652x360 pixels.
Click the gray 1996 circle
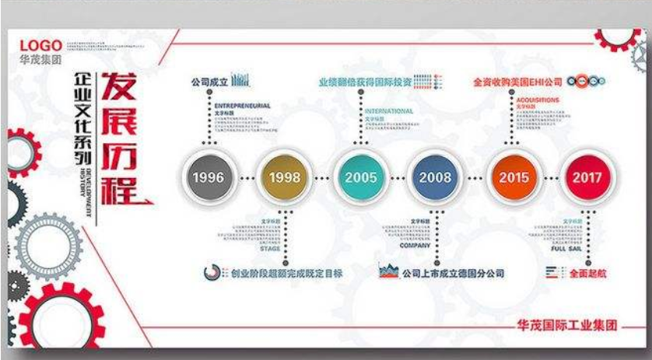pyautogui.click(x=209, y=177)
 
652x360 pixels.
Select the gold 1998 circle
pyautogui.click(x=284, y=177)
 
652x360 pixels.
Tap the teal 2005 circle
pyautogui.click(x=360, y=177)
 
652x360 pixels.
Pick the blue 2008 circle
pyautogui.click(x=435, y=177)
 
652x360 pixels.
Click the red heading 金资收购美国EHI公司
pyautogui.click(x=517, y=81)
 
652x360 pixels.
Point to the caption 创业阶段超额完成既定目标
pyautogui.click(x=287, y=274)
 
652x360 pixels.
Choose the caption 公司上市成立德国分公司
pyautogui.click(x=454, y=274)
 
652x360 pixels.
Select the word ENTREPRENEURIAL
pyautogui.click(x=242, y=104)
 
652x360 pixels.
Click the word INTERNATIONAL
pyautogui.click(x=389, y=111)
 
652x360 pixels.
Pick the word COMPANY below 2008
pyautogui.click(x=416, y=245)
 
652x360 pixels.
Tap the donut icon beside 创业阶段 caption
pyautogui.click(x=211, y=273)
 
